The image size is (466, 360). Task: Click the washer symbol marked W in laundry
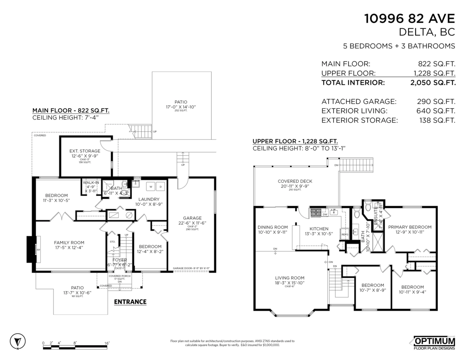(150, 187)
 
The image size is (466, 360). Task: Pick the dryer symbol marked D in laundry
(161, 187)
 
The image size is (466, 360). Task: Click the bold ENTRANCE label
(130, 302)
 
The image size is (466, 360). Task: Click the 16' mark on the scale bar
(107, 343)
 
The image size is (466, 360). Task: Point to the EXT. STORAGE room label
(85, 151)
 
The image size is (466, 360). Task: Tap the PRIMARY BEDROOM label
(410, 227)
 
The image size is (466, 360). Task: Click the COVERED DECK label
(295, 181)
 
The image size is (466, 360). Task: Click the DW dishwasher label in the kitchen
(325, 214)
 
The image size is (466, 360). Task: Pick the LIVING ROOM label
(290, 278)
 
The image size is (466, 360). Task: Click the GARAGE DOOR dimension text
(191, 268)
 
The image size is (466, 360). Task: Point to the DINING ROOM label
(273, 228)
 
